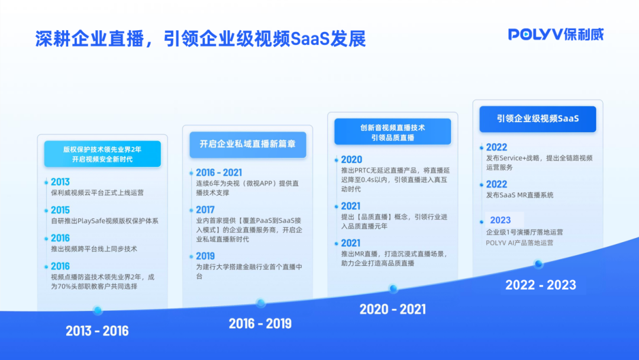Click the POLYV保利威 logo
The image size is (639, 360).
556,34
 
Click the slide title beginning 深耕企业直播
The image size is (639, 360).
200,38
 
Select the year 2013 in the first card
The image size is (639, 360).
60,182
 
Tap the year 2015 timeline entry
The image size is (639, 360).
60,210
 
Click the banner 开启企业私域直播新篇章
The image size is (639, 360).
248,144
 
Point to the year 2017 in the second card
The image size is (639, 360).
205,210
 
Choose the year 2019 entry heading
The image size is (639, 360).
205,256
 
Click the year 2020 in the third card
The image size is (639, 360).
351,159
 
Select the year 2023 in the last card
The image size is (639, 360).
500,220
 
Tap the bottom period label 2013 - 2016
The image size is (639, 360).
97,330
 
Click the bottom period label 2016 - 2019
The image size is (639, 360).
260,323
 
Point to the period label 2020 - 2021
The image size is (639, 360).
392,309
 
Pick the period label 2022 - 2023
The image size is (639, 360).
540,285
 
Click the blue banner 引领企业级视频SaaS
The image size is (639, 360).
537,118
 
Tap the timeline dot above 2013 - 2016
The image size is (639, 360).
98,310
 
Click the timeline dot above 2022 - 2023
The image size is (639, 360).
538,264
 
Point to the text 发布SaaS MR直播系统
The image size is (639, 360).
519,195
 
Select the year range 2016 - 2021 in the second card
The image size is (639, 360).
219,173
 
